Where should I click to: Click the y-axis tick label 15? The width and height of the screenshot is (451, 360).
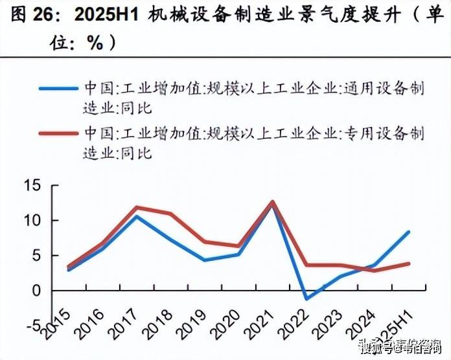click(x=32, y=186)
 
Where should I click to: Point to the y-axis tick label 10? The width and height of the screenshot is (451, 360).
click(x=32, y=221)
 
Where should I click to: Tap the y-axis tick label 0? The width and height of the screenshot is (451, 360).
click(x=36, y=291)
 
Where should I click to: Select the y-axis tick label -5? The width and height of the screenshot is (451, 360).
click(x=32, y=325)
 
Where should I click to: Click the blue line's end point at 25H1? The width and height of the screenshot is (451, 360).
click(x=409, y=232)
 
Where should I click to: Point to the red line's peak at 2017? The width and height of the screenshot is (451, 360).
click(x=136, y=207)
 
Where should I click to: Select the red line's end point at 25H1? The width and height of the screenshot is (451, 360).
click(x=409, y=263)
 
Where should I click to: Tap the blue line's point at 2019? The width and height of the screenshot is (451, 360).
click(x=204, y=260)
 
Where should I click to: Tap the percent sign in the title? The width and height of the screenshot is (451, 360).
click(x=95, y=43)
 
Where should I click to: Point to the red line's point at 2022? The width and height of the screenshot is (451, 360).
click(x=306, y=265)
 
